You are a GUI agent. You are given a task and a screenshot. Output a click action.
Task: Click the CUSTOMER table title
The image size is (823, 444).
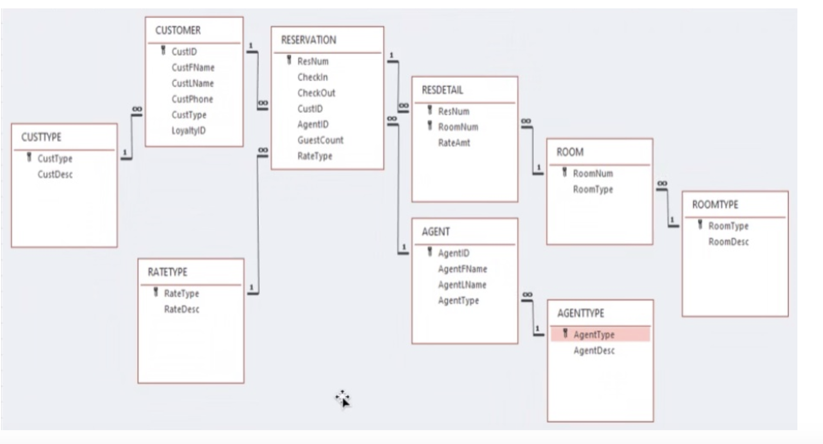[x=178, y=31]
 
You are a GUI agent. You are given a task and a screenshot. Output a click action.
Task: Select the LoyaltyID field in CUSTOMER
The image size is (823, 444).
[x=188, y=131]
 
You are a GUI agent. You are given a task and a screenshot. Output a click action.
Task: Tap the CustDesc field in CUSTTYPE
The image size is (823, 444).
[x=55, y=174]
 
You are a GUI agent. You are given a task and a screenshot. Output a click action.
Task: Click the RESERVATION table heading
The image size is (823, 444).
[x=308, y=40]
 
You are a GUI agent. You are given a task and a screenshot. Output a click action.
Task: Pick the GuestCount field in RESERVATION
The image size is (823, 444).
[x=320, y=140]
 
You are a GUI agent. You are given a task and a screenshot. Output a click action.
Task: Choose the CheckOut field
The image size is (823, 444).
[x=316, y=93]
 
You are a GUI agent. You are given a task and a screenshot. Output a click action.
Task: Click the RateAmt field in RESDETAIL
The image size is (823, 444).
[x=454, y=143]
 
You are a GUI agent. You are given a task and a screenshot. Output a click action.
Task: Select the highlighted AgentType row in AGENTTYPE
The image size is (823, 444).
[x=594, y=335]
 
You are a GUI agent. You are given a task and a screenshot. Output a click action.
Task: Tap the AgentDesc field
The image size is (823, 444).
[x=594, y=351]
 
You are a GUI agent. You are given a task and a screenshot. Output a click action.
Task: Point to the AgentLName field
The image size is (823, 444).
[x=462, y=285]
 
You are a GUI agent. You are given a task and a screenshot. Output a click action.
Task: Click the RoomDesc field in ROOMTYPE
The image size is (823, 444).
[x=728, y=242]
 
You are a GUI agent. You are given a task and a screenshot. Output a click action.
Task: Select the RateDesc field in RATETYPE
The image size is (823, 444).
[x=182, y=310]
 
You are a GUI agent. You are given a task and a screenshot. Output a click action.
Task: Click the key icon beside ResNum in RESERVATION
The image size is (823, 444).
[x=289, y=61]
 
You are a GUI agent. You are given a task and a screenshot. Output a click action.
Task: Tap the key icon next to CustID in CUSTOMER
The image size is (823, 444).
[x=163, y=51]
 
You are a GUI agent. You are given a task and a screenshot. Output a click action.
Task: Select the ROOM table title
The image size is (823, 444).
[x=570, y=152]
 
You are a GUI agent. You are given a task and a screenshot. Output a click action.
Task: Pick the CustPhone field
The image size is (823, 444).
[x=192, y=99]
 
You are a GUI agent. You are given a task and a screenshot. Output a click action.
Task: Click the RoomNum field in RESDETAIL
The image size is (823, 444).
[x=458, y=127]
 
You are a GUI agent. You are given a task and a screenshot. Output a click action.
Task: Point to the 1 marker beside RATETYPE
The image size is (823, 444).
[x=252, y=287]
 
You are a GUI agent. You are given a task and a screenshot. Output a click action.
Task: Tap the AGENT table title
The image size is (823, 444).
[x=435, y=232]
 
